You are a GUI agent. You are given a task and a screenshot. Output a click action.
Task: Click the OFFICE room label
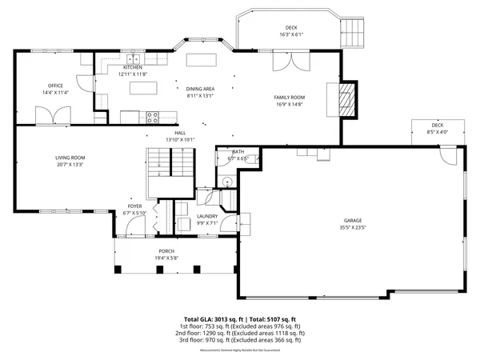55,86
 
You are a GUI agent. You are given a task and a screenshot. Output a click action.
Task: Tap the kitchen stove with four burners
152,117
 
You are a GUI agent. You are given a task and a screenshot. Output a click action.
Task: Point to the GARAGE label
353,220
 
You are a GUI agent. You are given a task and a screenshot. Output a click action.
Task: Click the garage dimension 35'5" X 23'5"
353,227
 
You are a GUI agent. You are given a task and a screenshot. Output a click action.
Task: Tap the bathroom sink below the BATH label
226,182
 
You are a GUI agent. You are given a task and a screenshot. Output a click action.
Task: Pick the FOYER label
135,206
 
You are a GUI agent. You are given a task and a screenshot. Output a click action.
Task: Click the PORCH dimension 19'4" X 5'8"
166,258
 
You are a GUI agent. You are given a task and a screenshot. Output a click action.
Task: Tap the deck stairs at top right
353,33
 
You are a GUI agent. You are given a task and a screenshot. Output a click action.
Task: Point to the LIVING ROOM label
70,158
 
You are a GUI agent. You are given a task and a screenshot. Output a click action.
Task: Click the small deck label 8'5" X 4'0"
437,132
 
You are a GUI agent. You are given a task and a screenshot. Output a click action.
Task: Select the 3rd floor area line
240,339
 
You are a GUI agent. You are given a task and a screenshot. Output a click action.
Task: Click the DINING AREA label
200,89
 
